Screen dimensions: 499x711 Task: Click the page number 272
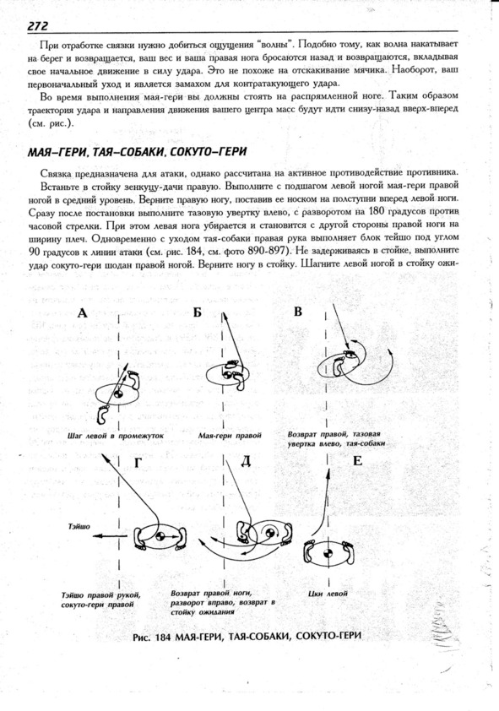point(38,25)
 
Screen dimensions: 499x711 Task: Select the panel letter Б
point(197,312)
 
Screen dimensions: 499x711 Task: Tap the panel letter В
point(298,312)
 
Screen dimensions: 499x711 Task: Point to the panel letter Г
point(138,462)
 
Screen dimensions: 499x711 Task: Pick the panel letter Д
point(245,461)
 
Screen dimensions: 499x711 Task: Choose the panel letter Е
point(358,461)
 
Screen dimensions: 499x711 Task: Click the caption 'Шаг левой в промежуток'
point(115,436)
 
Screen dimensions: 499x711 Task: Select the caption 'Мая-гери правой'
point(230,436)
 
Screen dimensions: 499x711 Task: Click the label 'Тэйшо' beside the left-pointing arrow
point(79,526)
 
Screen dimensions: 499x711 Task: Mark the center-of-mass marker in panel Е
point(328,553)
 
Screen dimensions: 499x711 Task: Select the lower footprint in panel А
point(104,414)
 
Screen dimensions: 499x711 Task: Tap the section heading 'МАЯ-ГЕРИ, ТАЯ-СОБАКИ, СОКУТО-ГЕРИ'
point(137,151)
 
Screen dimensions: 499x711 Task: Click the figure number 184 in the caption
point(163,637)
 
